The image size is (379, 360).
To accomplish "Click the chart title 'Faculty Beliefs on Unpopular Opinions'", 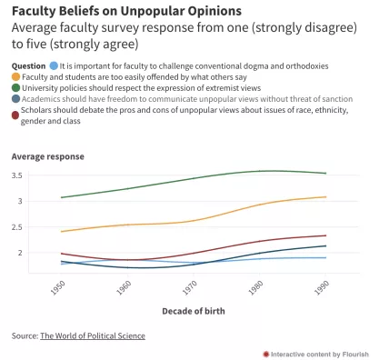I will [126, 11].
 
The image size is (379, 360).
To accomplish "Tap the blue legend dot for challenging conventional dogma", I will [55, 66].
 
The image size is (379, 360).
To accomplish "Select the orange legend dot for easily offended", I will [16, 78].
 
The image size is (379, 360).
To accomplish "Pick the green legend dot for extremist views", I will [16, 89].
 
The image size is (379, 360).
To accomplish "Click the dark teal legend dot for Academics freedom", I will [16, 101].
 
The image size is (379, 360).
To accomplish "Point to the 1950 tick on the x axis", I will [58, 285].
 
